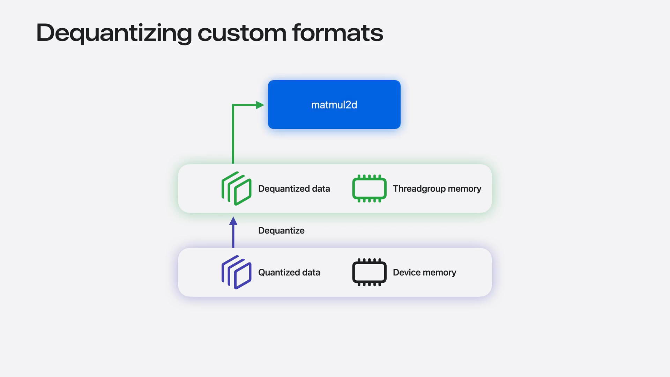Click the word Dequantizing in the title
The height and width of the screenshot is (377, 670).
pyautogui.click(x=114, y=34)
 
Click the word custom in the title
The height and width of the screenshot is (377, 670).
pyautogui.click(x=242, y=34)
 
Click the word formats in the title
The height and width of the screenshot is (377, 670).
pyautogui.click(x=337, y=33)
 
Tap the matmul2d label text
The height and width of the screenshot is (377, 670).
pyautogui.click(x=334, y=105)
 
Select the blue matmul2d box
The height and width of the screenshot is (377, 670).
pyautogui.click(x=334, y=104)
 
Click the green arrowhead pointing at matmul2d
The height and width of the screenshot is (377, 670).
pyautogui.click(x=260, y=105)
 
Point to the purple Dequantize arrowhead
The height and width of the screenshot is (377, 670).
pyautogui.click(x=233, y=221)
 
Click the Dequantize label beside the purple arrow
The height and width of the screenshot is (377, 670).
pyautogui.click(x=281, y=230)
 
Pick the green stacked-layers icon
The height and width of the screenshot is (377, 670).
pyautogui.click(x=236, y=188)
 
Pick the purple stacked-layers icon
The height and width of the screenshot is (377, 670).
pyautogui.click(x=236, y=272)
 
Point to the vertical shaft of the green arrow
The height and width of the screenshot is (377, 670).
pyautogui.click(x=233, y=134)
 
